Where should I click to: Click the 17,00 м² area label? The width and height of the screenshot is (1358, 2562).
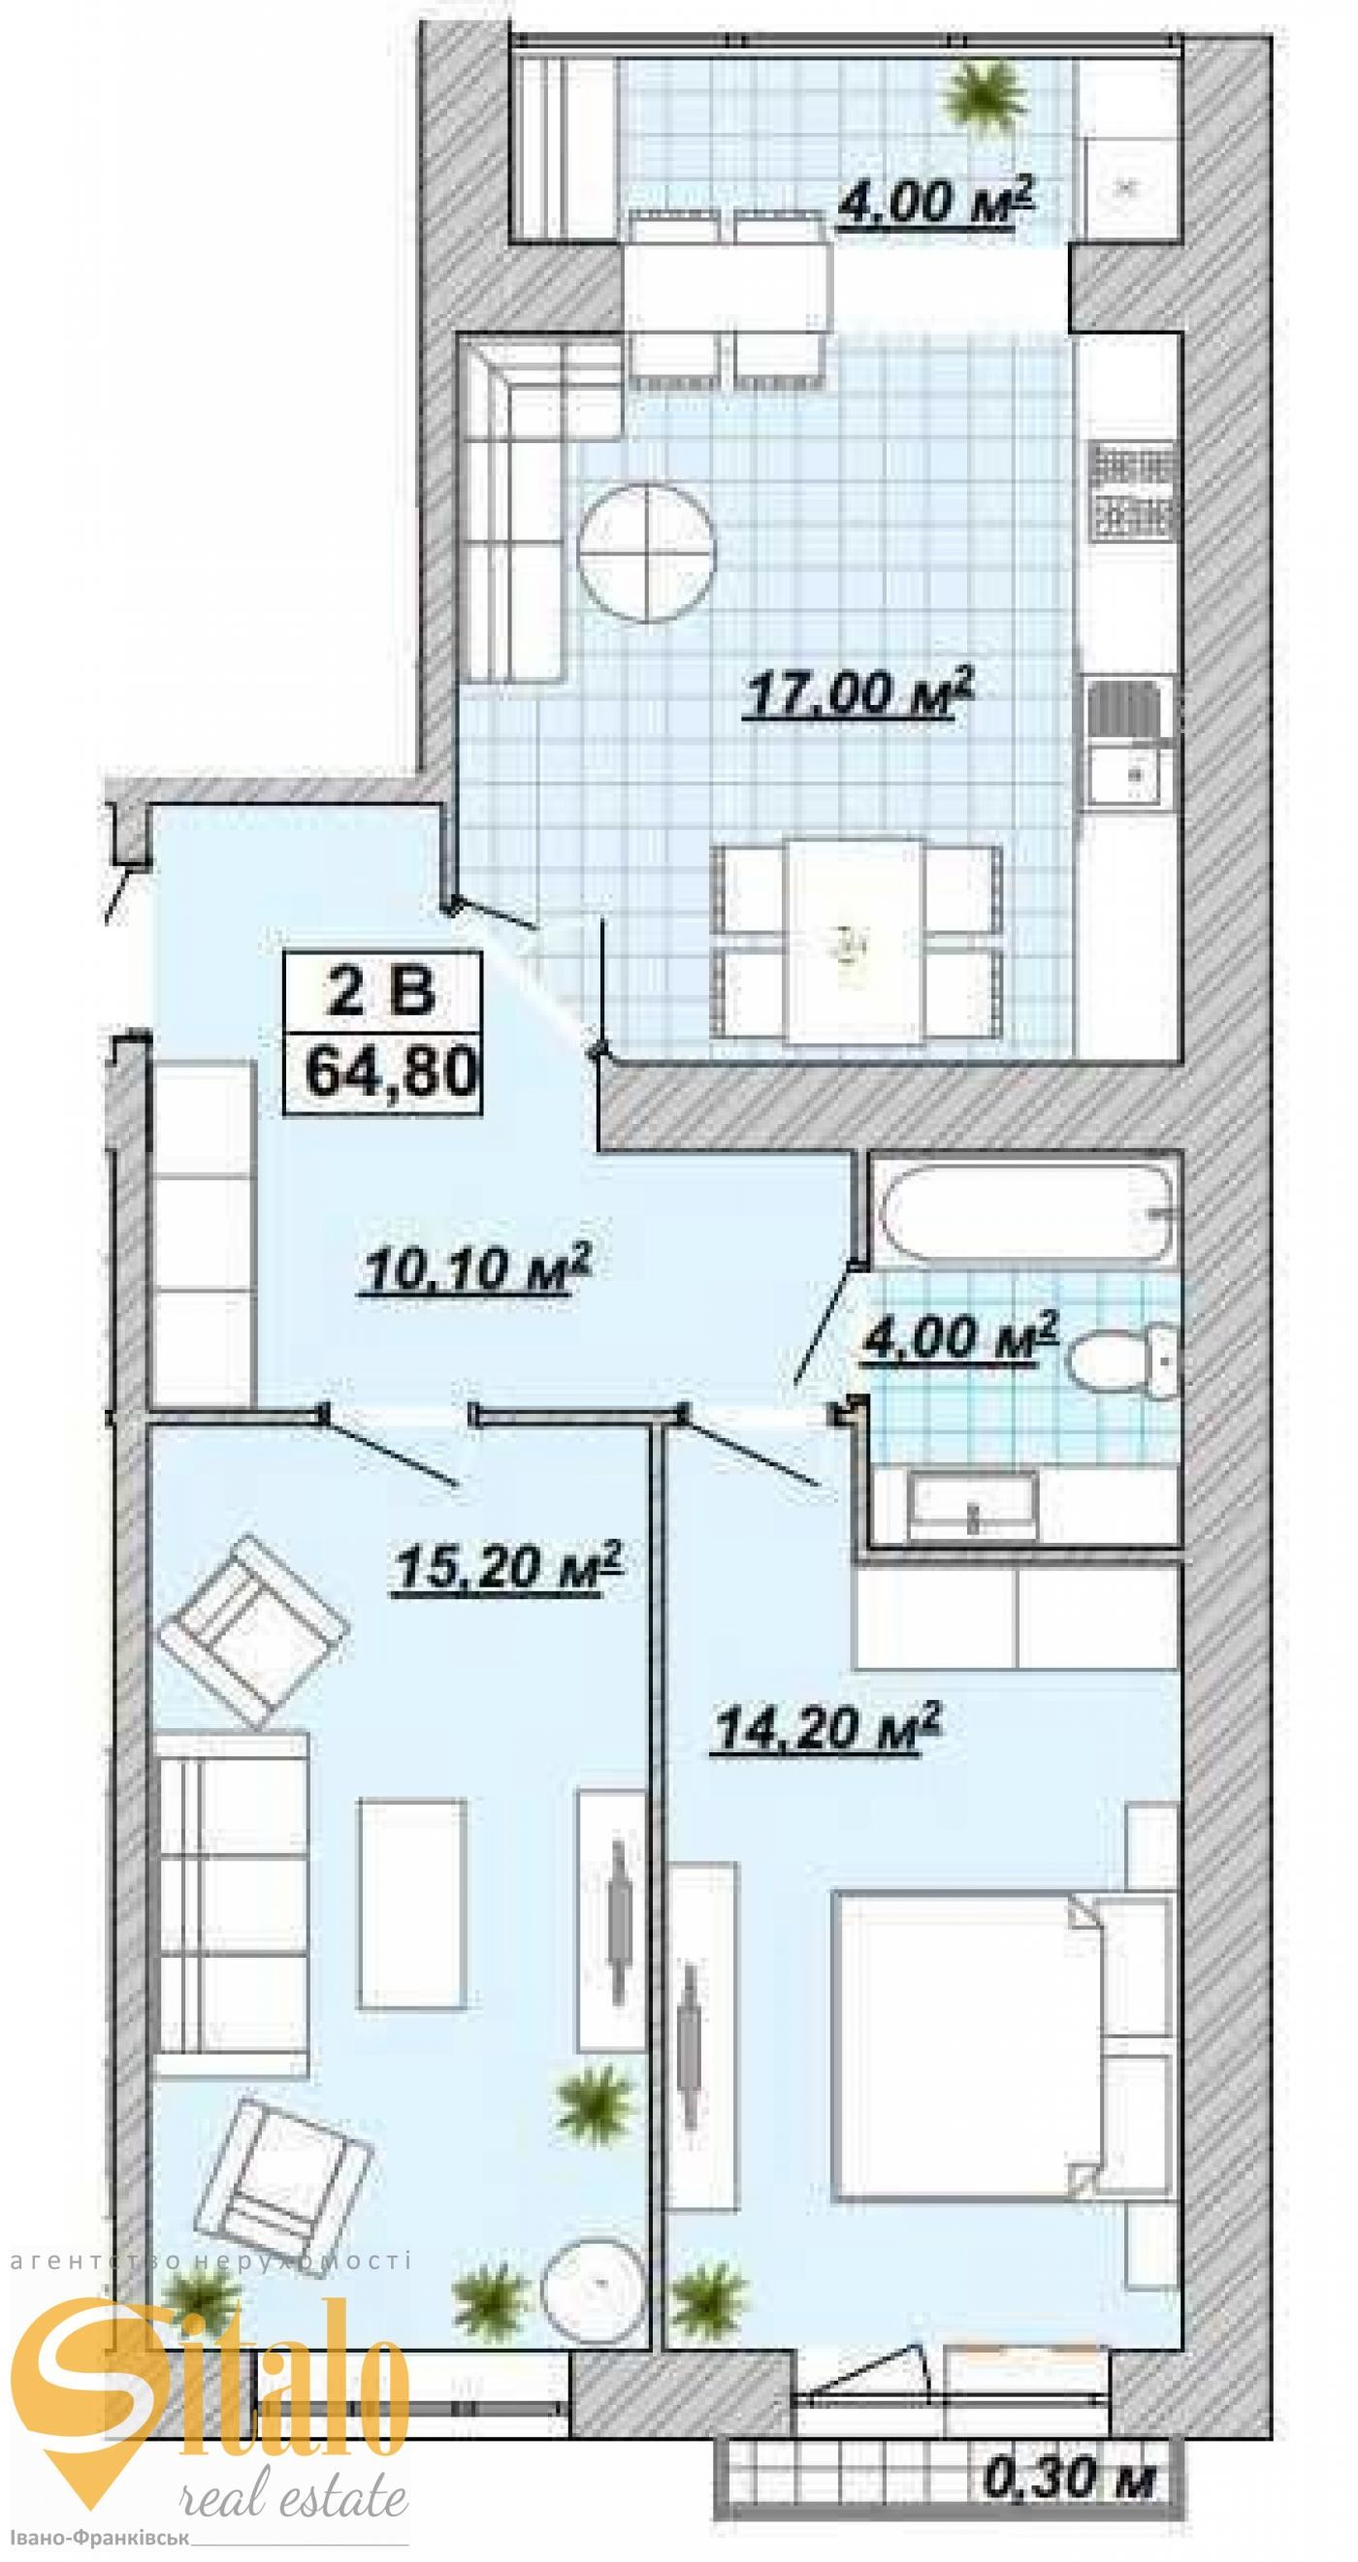(x=857, y=690)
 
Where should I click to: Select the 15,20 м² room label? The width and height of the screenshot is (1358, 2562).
(x=508, y=1568)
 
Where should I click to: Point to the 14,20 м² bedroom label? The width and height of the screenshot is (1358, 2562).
(x=826, y=1728)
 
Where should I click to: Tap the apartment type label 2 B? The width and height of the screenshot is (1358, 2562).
(x=382, y=991)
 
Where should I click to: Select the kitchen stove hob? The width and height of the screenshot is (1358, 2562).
(x=1134, y=491)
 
